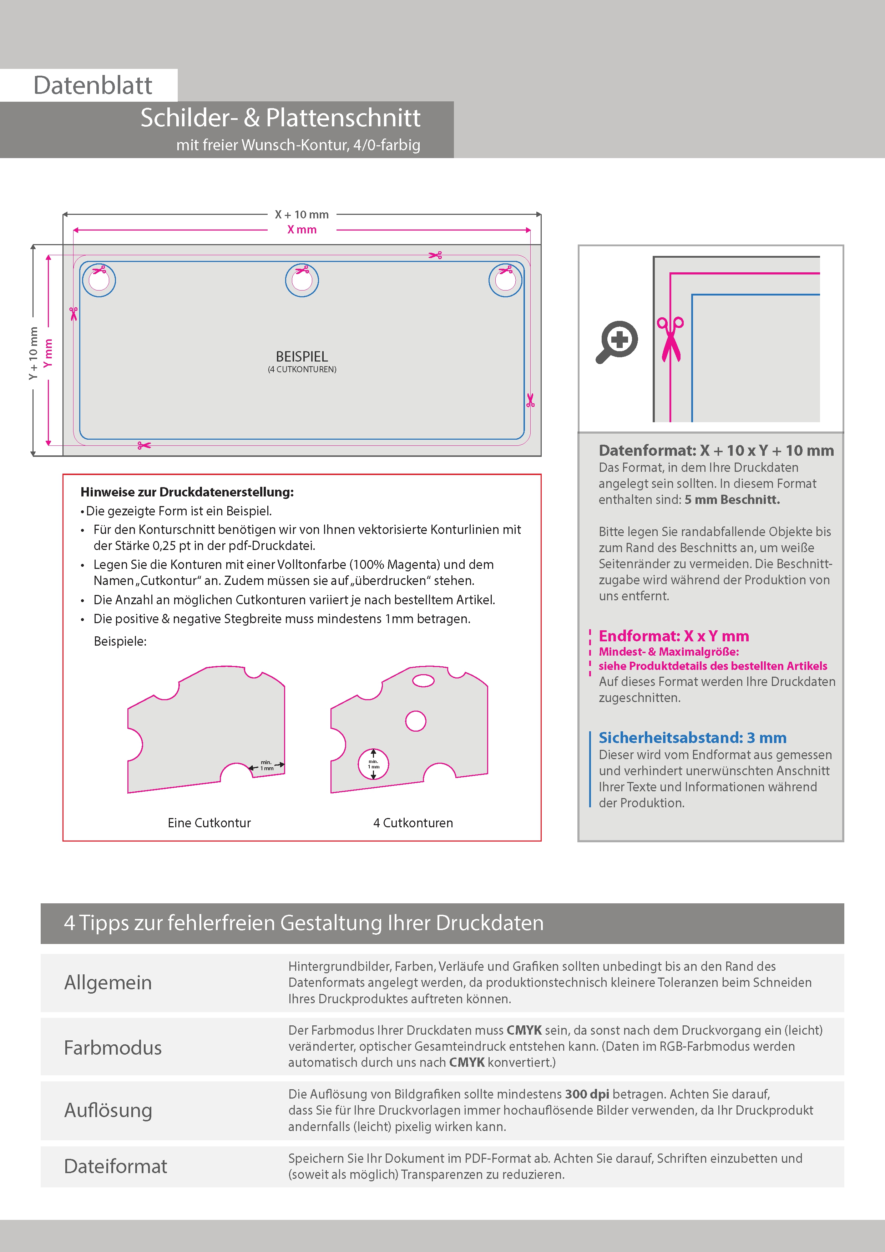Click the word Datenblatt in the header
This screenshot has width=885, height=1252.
(93, 86)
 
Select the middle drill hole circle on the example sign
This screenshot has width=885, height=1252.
(302, 280)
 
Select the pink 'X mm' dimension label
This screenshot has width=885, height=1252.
(302, 229)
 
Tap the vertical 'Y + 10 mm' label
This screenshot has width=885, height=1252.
(33, 353)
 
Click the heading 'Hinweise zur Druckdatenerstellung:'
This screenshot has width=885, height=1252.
(187, 492)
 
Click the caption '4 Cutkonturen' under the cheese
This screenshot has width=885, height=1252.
(413, 823)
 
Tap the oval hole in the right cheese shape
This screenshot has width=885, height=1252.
(423, 681)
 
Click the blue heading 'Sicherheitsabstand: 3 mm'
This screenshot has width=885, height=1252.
(693, 738)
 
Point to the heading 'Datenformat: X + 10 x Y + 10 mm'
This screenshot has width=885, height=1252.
(716, 450)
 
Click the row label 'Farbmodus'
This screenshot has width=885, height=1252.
(113, 1047)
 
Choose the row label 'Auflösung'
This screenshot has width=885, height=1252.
(108, 1110)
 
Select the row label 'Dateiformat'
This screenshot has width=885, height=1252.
(116, 1166)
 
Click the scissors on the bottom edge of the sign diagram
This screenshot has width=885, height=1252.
(144, 445)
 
